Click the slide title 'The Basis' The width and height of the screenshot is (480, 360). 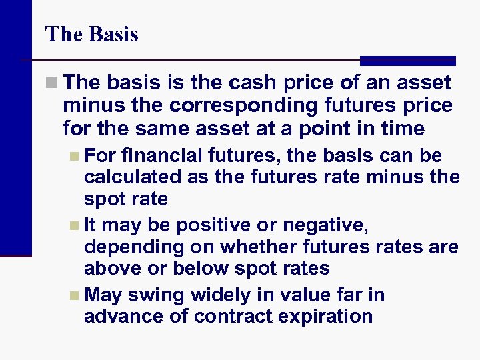[91, 34]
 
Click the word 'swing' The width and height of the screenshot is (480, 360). [160, 295]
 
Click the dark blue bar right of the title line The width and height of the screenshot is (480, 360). [407, 61]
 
